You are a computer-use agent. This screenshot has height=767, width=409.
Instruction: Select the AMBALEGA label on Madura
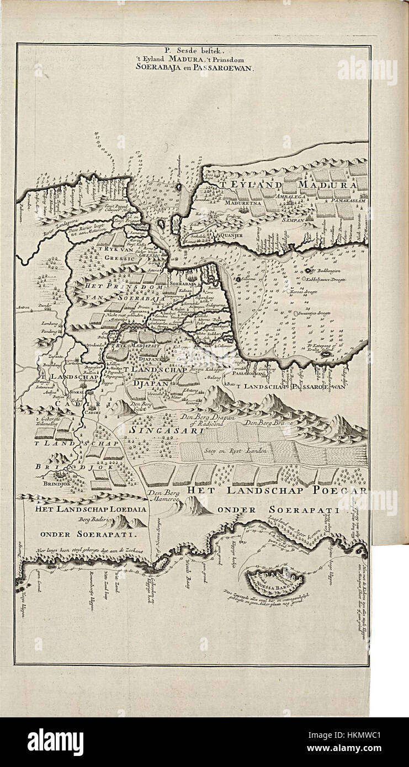(299, 195)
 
